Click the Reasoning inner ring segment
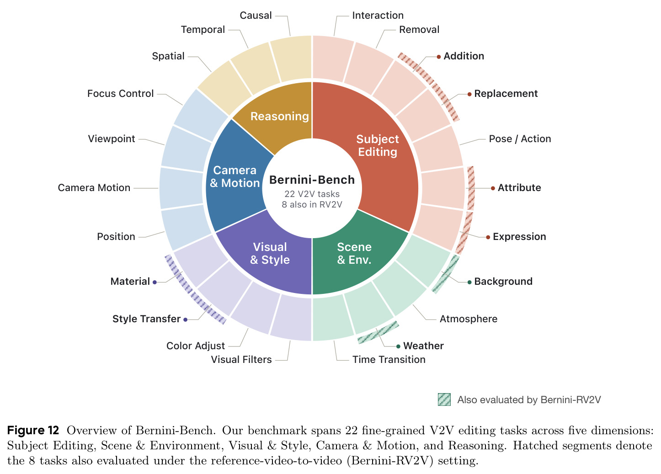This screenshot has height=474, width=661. pos(279,117)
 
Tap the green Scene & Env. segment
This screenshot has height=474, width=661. pos(354,254)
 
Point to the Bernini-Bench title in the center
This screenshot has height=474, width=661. pos(312,180)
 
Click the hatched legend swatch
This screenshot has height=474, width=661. pos(444,399)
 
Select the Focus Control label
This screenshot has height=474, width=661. pos(120,94)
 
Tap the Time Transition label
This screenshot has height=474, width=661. pos(389,359)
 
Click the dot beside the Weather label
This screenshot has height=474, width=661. pos(398,346)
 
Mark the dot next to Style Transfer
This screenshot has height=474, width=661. pos(185,320)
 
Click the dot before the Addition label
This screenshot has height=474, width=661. pos(439,57)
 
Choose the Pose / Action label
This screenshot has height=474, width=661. pos(520,138)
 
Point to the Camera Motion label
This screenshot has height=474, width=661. pos(94,188)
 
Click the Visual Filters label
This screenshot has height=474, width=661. pos(241,359)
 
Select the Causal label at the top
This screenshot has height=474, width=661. pos(256,16)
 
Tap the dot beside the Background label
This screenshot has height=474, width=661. pos(469,282)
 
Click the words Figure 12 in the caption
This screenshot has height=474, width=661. pos(33,430)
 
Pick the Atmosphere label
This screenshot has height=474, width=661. pos(469,319)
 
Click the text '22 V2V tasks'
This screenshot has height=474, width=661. pos(312,194)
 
